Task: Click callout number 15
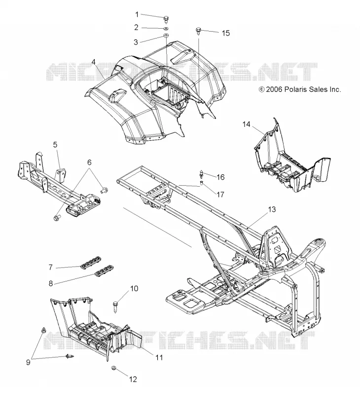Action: pos(226,33)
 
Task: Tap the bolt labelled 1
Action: pos(166,18)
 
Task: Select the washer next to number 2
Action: pos(166,28)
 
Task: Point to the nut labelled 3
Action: pos(166,36)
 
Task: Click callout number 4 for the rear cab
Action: pos(93,62)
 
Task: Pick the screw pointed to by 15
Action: pos(198,31)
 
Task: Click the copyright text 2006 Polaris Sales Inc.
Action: pos(300,89)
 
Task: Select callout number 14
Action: pos(247,124)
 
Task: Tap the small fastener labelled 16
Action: pos(201,174)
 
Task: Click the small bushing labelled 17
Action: pos(202,182)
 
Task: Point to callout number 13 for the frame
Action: pos(272,209)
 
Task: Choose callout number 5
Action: pos(55,145)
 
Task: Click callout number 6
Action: pos(89,162)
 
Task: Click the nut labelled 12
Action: pos(113,368)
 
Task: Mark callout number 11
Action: pos(159,357)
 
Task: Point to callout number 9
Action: pos(28,362)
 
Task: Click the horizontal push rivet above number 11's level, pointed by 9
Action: pos(70,356)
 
